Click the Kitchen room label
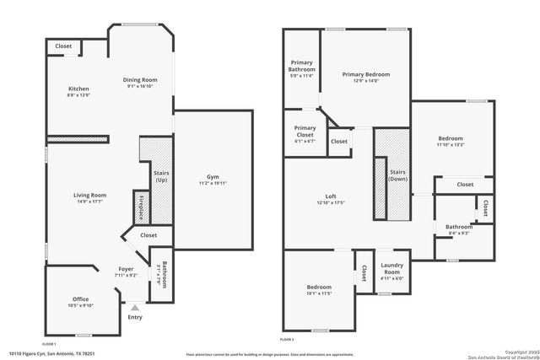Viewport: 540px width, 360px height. pos(78,89)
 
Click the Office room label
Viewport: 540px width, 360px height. pos(80,299)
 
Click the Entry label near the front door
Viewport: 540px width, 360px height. pos(135,317)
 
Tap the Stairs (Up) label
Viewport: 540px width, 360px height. pos(161,176)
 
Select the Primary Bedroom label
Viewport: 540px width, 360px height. pos(365,74)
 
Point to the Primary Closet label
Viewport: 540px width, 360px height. pos(305,132)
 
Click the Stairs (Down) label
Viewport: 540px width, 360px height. pos(397,175)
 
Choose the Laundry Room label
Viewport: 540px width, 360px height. pos(391,269)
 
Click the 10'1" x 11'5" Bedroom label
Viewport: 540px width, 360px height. pos(318,287)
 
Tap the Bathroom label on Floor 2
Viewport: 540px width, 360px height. pos(459,226)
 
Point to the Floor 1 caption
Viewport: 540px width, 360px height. pos(49,344)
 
